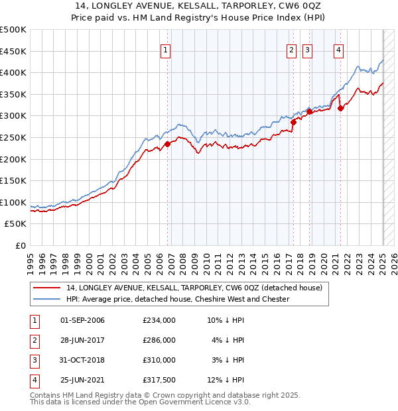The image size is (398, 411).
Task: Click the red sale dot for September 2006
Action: [x=167, y=143]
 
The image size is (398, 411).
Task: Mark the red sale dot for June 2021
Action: [x=340, y=108]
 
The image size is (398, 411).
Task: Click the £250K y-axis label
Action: [x=13, y=138]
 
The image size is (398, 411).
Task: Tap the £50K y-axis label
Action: [x=16, y=224]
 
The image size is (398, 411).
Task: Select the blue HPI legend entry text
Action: [x=178, y=299]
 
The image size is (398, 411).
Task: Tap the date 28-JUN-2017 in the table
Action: [x=82, y=340]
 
